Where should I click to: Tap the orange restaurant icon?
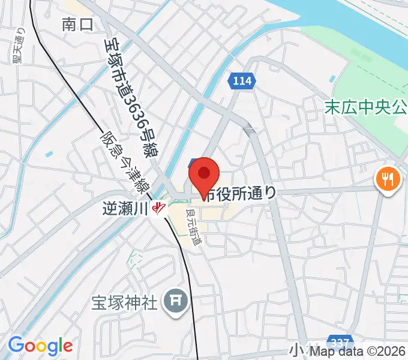click(x=387, y=178)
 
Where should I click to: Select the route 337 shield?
click(x=340, y=341)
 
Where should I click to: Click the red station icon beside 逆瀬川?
click(x=158, y=208)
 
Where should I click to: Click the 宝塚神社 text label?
click(x=124, y=301)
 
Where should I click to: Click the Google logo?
click(x=40, y=346)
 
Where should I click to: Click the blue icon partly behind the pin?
click(x=192, y=163)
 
